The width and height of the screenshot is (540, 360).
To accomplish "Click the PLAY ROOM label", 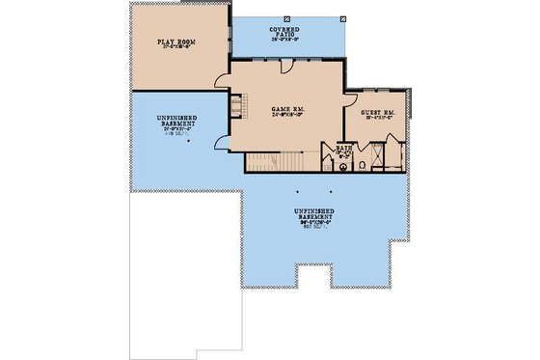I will coord(176,42).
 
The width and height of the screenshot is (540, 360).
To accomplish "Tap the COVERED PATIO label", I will coord(286,32).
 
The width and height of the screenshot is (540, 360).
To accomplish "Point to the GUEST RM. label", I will coord(376,113).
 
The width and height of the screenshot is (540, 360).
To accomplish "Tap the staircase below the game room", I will coord(275,161).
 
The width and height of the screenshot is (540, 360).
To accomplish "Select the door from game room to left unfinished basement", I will coord(223,142).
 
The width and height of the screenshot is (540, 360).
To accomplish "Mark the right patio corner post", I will coord(343,16).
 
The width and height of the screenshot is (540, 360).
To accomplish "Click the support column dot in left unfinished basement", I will coord(190,141).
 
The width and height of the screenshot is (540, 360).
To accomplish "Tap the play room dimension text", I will coord(176,49).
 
